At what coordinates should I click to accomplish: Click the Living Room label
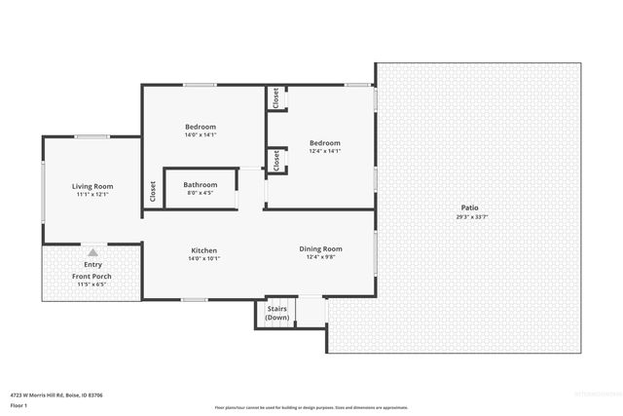(x=92, y=186)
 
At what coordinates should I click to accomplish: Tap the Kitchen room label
(x=203, y=250)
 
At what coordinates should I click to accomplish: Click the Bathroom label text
(x=201, y=184)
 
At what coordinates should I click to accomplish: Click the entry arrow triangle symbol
(x=92, y=252)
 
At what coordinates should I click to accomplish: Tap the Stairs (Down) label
(x=277, y=314)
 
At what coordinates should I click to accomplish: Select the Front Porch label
(x=92, y=277)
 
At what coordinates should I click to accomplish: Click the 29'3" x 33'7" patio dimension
(x=469, y=217)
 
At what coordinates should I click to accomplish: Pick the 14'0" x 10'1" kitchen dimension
(x=203, y=259)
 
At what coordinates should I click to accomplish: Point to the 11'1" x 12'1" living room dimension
(x=92, y=195)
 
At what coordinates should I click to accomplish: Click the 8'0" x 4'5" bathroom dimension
(x=201, y=193)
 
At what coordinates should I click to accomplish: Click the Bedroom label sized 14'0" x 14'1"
(x=201, y=127)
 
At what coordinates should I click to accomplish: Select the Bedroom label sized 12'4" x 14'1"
(x=325, y=142)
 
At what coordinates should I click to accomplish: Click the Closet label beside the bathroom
(x=153, y=192)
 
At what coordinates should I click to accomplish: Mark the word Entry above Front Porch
(x=92, y=264)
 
